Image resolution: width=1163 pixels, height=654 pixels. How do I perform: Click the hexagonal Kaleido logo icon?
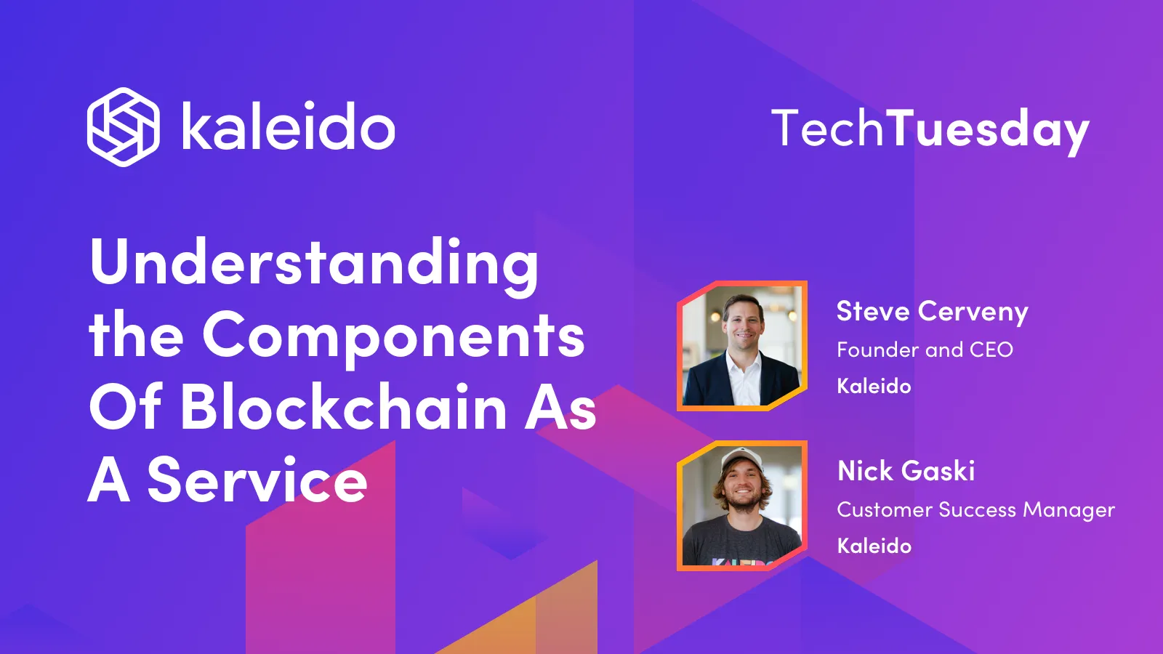point(123,127)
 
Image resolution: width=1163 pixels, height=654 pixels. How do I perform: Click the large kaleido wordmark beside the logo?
point(288,128)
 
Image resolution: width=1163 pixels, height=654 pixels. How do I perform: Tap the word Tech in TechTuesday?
point(827,129)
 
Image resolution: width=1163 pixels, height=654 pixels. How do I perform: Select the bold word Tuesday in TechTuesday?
point(988,130)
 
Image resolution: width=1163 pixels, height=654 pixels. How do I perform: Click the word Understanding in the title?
point(314,263)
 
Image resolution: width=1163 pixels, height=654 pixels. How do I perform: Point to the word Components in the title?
point(393,336)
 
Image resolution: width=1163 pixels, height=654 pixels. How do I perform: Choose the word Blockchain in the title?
point(343,408)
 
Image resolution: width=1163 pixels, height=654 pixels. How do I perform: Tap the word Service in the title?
point(257,480)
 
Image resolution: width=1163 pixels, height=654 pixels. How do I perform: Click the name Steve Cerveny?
point(932,312)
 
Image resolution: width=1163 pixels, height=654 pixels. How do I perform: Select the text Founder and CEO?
point(925,350)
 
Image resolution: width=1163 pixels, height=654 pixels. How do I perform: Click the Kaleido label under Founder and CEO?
point(874,386)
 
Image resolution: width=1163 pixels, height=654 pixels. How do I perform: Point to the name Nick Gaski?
point(906,471)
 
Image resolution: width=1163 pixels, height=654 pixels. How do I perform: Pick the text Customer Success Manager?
point(975,510)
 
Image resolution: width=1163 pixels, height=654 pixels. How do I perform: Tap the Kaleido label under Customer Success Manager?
point(874,546)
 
